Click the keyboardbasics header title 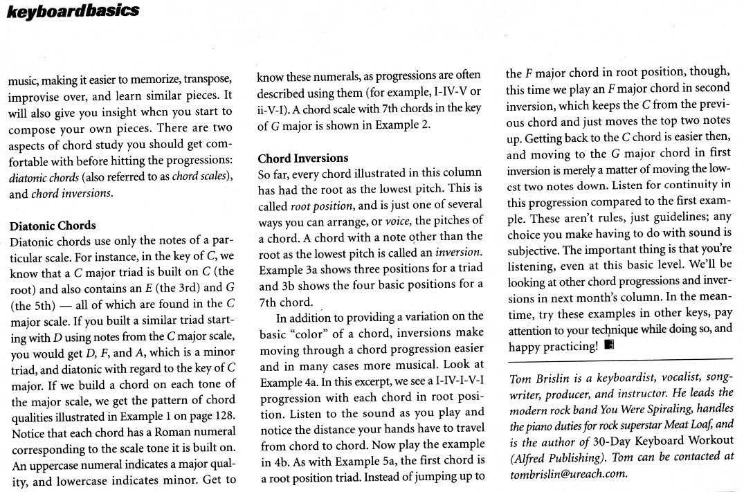click(73, 10)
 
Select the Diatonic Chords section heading click(53, 226)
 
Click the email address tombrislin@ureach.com click(568, 473)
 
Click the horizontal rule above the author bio click(619, 359)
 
